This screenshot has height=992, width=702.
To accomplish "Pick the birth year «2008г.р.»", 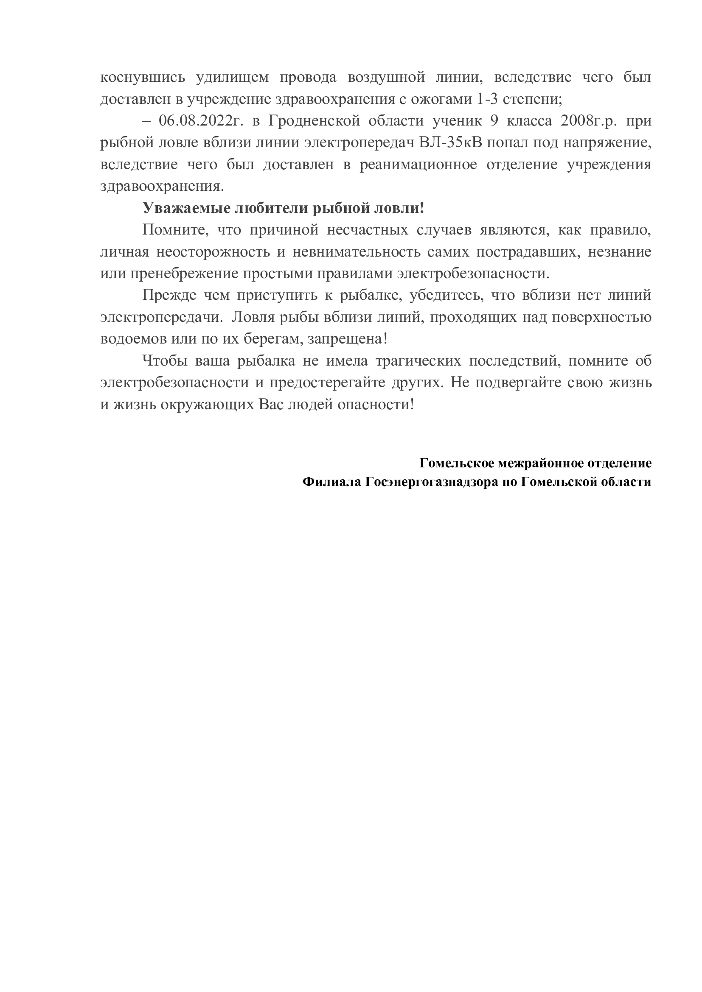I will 590,121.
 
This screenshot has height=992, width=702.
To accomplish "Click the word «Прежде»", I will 166,296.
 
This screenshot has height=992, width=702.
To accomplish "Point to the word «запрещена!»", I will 347,339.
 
